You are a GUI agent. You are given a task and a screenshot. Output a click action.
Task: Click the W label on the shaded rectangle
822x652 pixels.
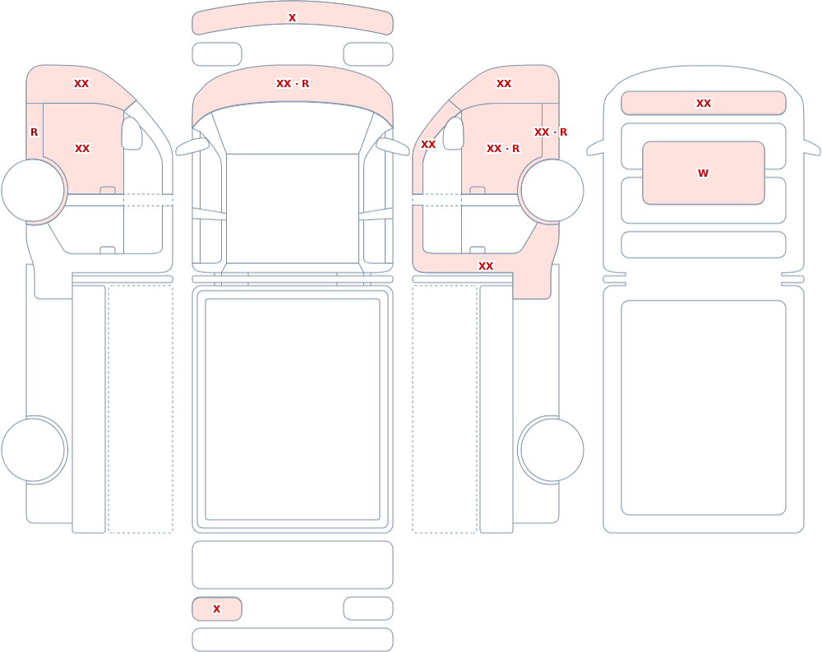703,173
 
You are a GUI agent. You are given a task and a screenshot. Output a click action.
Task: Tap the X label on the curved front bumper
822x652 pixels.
292,18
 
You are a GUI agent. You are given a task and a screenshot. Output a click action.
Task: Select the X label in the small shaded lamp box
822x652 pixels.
216,609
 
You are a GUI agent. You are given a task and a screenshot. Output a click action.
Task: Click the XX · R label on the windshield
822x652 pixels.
293,83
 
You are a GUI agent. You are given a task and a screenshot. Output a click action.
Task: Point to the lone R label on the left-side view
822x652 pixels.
34,132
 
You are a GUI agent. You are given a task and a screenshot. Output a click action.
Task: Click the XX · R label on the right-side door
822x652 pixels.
503,149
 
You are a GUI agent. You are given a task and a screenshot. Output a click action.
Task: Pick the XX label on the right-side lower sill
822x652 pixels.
486,266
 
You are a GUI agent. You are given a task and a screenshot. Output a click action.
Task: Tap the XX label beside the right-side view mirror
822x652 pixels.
427,144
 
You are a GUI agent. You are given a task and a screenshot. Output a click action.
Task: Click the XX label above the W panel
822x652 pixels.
703,104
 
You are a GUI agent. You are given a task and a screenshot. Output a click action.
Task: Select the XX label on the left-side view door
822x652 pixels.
81,149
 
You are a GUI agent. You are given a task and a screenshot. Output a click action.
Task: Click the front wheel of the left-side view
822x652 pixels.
33,190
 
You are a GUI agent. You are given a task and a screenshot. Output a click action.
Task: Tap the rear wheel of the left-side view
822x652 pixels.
33,450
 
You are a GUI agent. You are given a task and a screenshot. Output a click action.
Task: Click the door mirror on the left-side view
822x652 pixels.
132,133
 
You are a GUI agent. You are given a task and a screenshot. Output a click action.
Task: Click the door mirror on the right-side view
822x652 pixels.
454,133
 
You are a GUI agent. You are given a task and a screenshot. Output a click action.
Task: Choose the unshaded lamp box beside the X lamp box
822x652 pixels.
368,608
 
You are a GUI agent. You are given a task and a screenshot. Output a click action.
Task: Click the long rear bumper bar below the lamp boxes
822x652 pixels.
293,640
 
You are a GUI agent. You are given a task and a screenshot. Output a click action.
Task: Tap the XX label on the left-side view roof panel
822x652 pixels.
81,83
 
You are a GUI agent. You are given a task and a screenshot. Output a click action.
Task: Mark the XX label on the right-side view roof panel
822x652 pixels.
503,83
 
